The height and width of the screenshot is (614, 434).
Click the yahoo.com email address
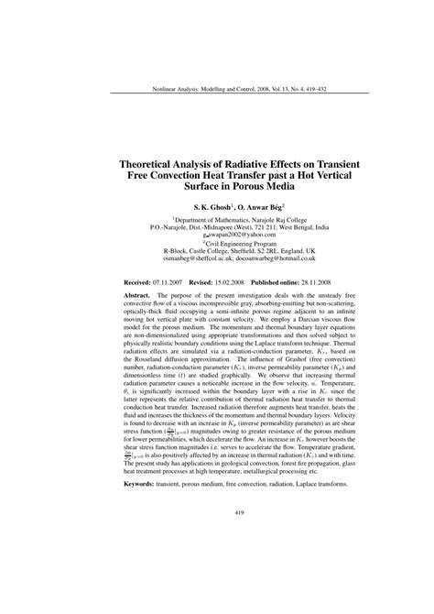pos(222,236)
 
